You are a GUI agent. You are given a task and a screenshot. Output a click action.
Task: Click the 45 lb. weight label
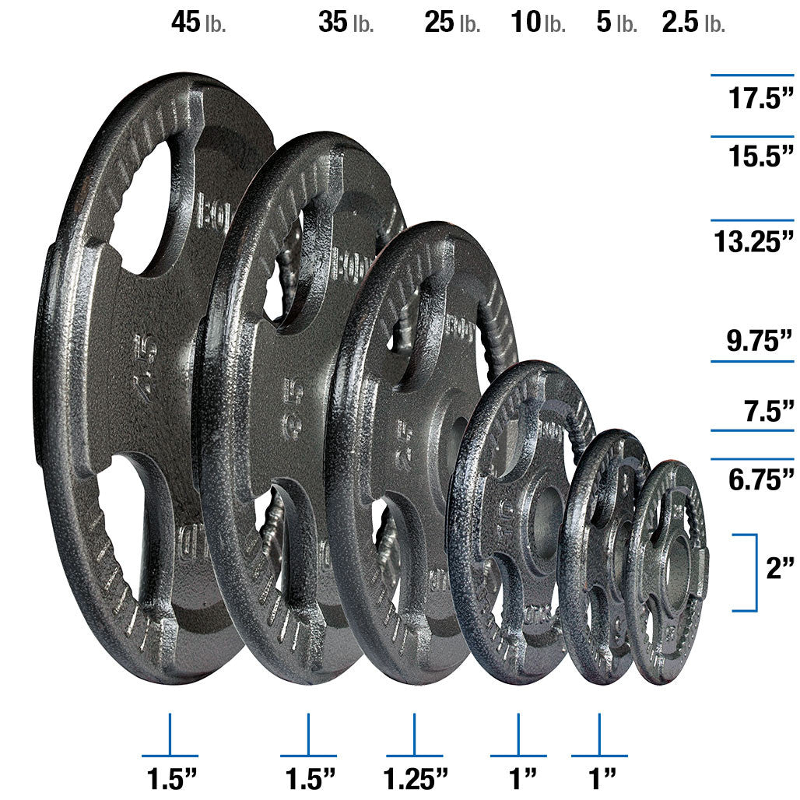click(x=198, y=23)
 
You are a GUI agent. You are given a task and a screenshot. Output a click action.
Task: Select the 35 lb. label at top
click(x=346, y=23)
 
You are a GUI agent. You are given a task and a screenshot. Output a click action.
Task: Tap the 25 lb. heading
click(x=451, y=23)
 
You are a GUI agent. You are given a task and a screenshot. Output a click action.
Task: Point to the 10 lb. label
click(x=537, y=23)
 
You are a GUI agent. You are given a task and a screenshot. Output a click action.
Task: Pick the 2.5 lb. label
click(x=693, y=23)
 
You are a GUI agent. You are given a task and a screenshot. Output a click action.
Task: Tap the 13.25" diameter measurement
click(x=754, y=241)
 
